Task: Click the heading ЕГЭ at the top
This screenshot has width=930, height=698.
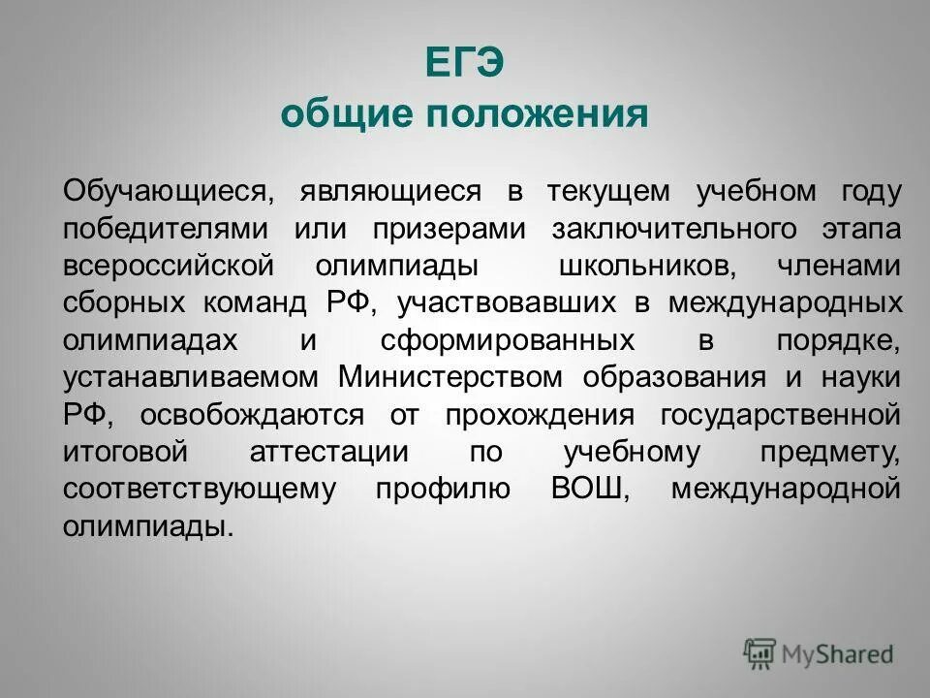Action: click(464, 65)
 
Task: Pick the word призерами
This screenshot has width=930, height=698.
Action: click(449, 229)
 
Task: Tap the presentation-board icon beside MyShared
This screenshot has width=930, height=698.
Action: click(759, 653)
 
